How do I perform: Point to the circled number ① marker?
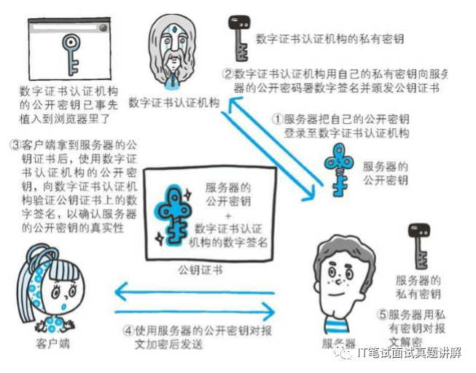coord(277,118)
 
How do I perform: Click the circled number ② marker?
coord(227,74)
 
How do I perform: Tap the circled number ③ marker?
coord(15,144)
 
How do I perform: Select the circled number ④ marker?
coord(128,329)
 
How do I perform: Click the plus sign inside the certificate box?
coord(228,216)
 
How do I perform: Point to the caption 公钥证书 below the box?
coord(200,270)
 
